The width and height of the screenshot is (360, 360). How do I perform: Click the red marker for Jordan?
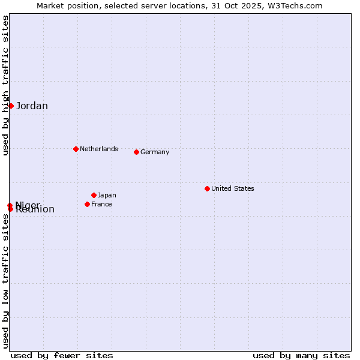[x=11, y=106]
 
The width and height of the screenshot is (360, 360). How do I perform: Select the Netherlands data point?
[x=76, y=149]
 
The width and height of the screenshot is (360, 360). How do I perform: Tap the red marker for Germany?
[x=136, y=152]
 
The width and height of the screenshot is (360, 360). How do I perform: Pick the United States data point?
[x=207, y=188]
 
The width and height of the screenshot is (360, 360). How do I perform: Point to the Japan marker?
[x=94, y=195]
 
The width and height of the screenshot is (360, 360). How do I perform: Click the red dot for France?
[x=87, y=204]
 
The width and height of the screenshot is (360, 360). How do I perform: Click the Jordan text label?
[x=32, y=106]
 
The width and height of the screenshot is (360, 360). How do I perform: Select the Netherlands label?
[x=99, y=149]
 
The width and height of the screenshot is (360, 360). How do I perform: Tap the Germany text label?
[x=155, y=152]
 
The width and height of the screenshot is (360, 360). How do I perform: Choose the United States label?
[x=233, y=188]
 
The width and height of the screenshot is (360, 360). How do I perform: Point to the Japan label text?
[x=107, y=195]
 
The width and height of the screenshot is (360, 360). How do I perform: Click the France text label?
[x=101, y=204]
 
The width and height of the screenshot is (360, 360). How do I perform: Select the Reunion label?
[x=35, y=209]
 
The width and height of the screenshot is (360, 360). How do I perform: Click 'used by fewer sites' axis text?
[x=62, y=355]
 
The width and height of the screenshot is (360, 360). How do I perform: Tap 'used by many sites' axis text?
[x=301, y=355]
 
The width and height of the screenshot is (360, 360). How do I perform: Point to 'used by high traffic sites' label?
[x=5, y=85]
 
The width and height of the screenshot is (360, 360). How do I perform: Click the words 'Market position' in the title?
[x=65, y=5]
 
